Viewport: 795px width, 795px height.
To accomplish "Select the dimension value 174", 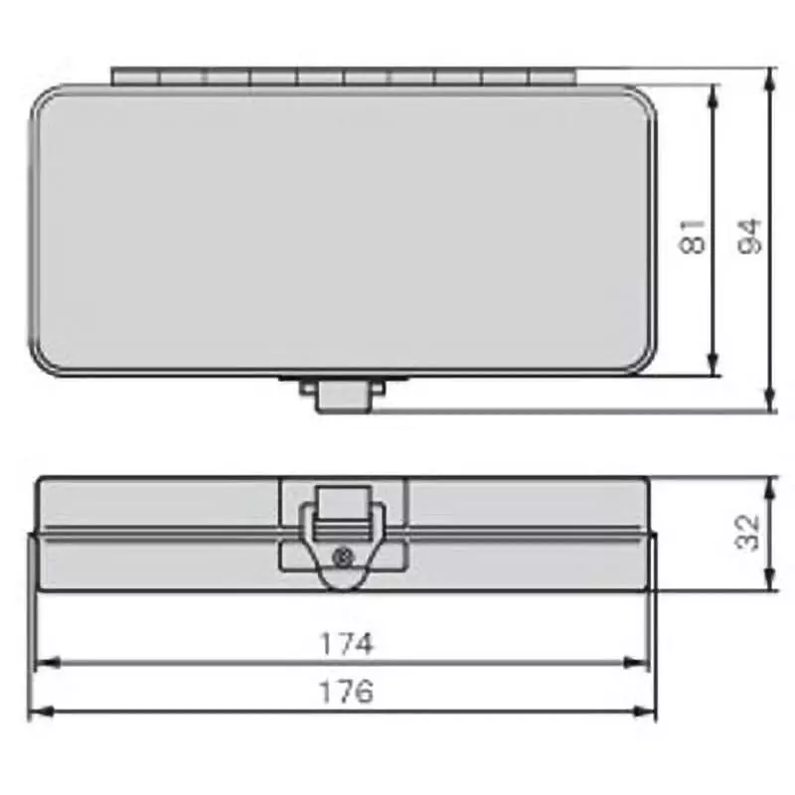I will tap(345, 643).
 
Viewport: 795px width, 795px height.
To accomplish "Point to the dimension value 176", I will tap(345, 691).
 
